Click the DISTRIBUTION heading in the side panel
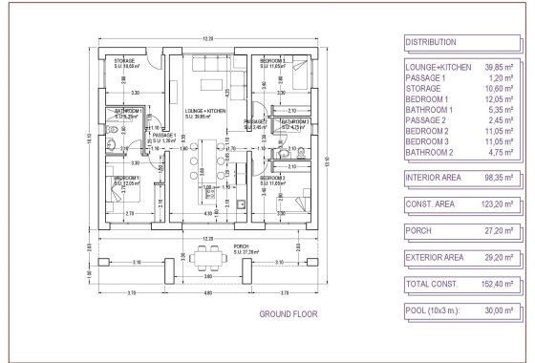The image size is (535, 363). pos(431,43)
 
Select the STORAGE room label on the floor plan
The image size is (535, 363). pos(125,61)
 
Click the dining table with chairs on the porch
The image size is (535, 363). pos(202,256)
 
